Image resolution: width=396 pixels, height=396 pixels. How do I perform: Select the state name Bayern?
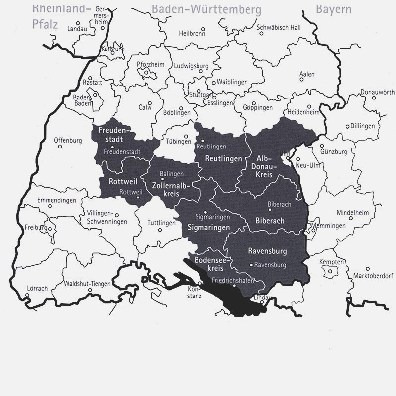pyautogui.click(x=334, y=9)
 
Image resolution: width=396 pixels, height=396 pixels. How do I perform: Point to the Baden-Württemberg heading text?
pyautogui.click(x=206, y=9)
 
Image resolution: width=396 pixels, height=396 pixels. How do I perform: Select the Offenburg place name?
pyautogui.click(x=68, y=140)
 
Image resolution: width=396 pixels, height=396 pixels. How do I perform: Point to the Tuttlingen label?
pyautogui.click(x=161, y=223)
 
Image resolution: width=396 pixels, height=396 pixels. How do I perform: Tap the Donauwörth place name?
pyautogui.click(x=377, y=92)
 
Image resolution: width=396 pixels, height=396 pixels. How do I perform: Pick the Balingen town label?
pyautogui.click(x=172, y=174)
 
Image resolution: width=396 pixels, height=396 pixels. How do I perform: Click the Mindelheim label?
pyautogui.click(x=352, y=212)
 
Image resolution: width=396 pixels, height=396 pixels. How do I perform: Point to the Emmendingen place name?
pyautogui.click(x=56, y=200)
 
